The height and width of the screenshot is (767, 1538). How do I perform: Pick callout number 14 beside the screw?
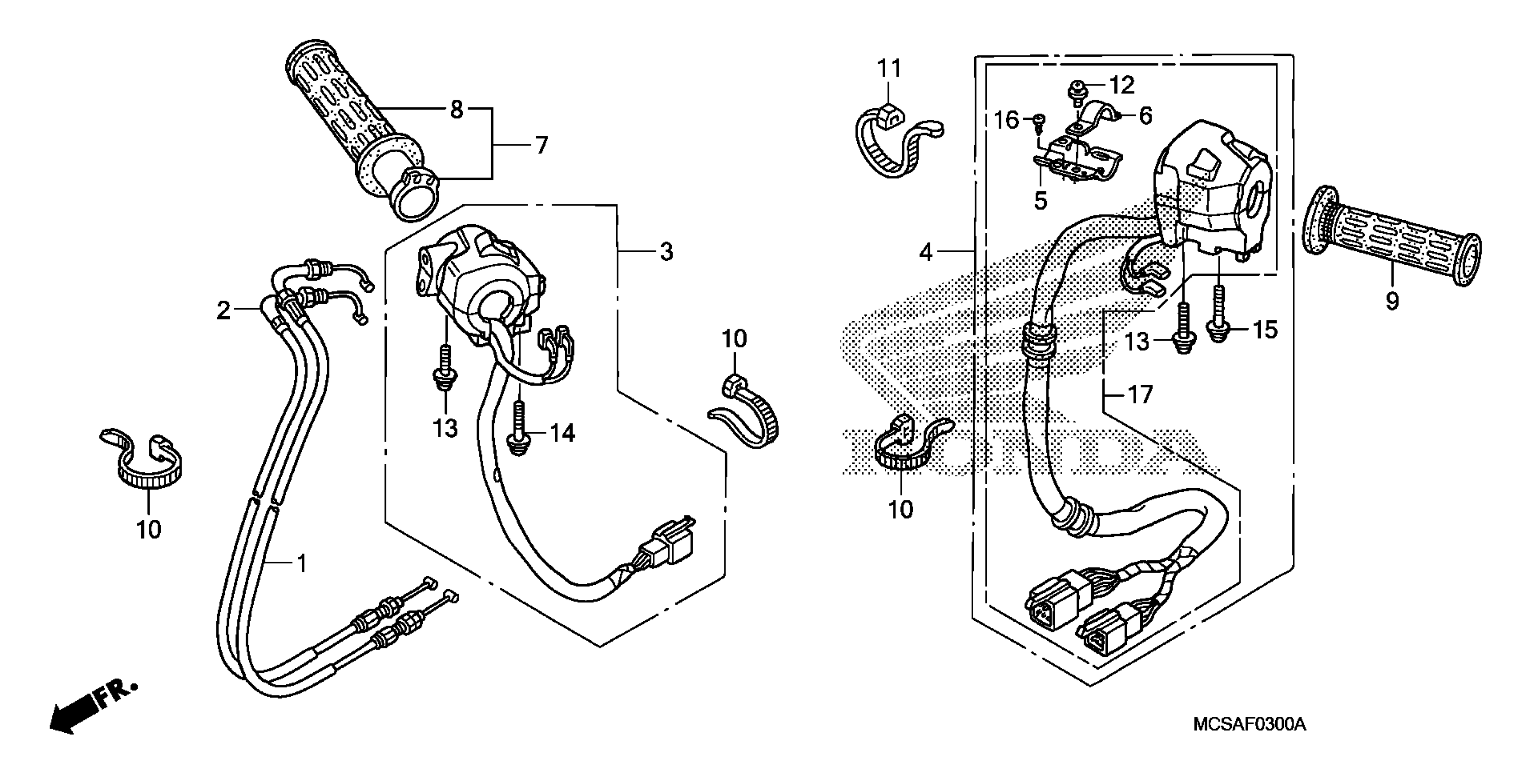(562, 433)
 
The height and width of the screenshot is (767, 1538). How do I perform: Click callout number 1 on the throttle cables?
(302, 563)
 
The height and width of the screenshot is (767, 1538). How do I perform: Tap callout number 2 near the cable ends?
(223, 310)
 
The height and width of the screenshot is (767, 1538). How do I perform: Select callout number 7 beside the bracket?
(541, 145)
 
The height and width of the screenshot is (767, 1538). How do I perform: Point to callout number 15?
(1264, 329)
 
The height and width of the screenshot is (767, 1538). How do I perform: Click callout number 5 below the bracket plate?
(1040, 201)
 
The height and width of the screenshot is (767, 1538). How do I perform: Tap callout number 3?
(666, 251)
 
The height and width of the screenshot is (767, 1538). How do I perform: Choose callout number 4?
(925, 253)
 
